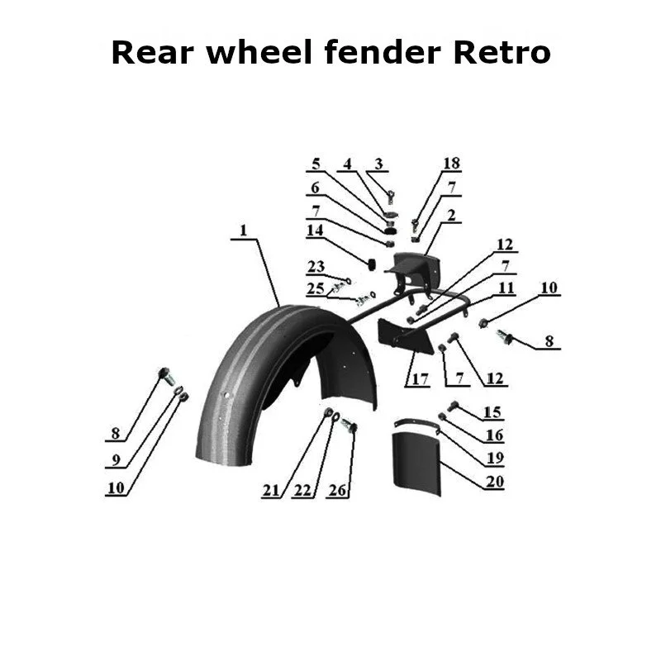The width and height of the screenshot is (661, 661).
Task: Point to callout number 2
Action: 452,216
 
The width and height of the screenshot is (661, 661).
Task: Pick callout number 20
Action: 494,482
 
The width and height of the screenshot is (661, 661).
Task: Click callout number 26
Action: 336,491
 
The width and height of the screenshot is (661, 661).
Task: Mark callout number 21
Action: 272,491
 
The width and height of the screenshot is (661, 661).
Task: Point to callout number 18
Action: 451,164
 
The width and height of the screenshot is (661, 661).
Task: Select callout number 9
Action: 115,459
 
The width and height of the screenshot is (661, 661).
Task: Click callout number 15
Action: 492,411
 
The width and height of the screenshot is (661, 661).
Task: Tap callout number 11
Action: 506,288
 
